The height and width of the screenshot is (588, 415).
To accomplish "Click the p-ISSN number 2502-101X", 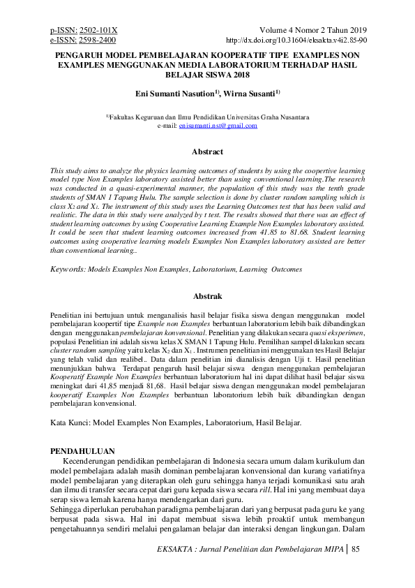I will pyautogui.click(x=100, y=31).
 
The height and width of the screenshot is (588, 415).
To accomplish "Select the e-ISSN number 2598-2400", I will pyautogui.click(x=98, y=41).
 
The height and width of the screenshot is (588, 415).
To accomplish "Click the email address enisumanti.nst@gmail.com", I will pyautogui.click(x=218, y=126).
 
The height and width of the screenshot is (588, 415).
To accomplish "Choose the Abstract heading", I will pyautogui.click(x=207, y=152).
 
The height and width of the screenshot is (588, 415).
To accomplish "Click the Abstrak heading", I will pyautogui.click(x=207, y=297).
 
